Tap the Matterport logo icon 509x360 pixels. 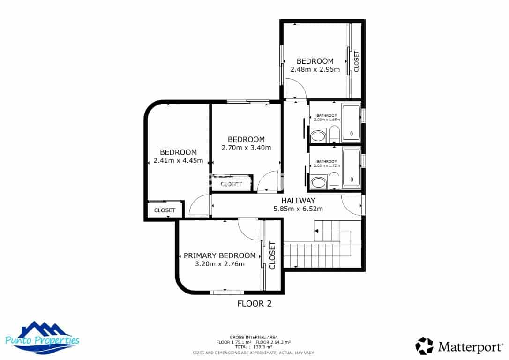424,346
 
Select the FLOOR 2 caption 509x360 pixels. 254,304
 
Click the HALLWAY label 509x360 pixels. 298,201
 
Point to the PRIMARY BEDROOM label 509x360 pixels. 220,256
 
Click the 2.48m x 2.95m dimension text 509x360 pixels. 315,69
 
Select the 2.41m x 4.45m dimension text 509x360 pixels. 178,161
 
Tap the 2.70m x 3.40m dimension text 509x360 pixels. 246,148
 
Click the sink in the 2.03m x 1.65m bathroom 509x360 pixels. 318,137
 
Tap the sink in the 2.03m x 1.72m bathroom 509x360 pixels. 319,182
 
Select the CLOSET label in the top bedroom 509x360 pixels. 356,61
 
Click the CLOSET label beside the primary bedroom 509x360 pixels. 272,255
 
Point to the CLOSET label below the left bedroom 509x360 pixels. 165,210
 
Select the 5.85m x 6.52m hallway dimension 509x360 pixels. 298,209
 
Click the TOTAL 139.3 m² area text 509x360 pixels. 253,347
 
